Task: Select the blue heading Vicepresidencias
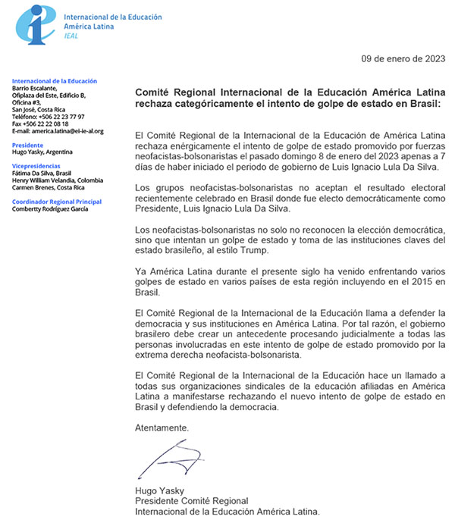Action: point(36,166)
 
